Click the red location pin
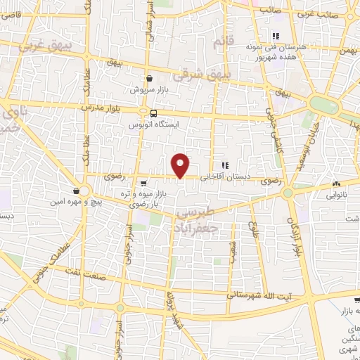coord(181,165)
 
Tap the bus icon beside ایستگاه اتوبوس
coord(153,113)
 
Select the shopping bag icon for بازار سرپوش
coord(149,79)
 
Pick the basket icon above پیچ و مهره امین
coord(76,190)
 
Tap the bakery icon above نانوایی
coord(335,185)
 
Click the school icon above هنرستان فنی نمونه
coord(276,35)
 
